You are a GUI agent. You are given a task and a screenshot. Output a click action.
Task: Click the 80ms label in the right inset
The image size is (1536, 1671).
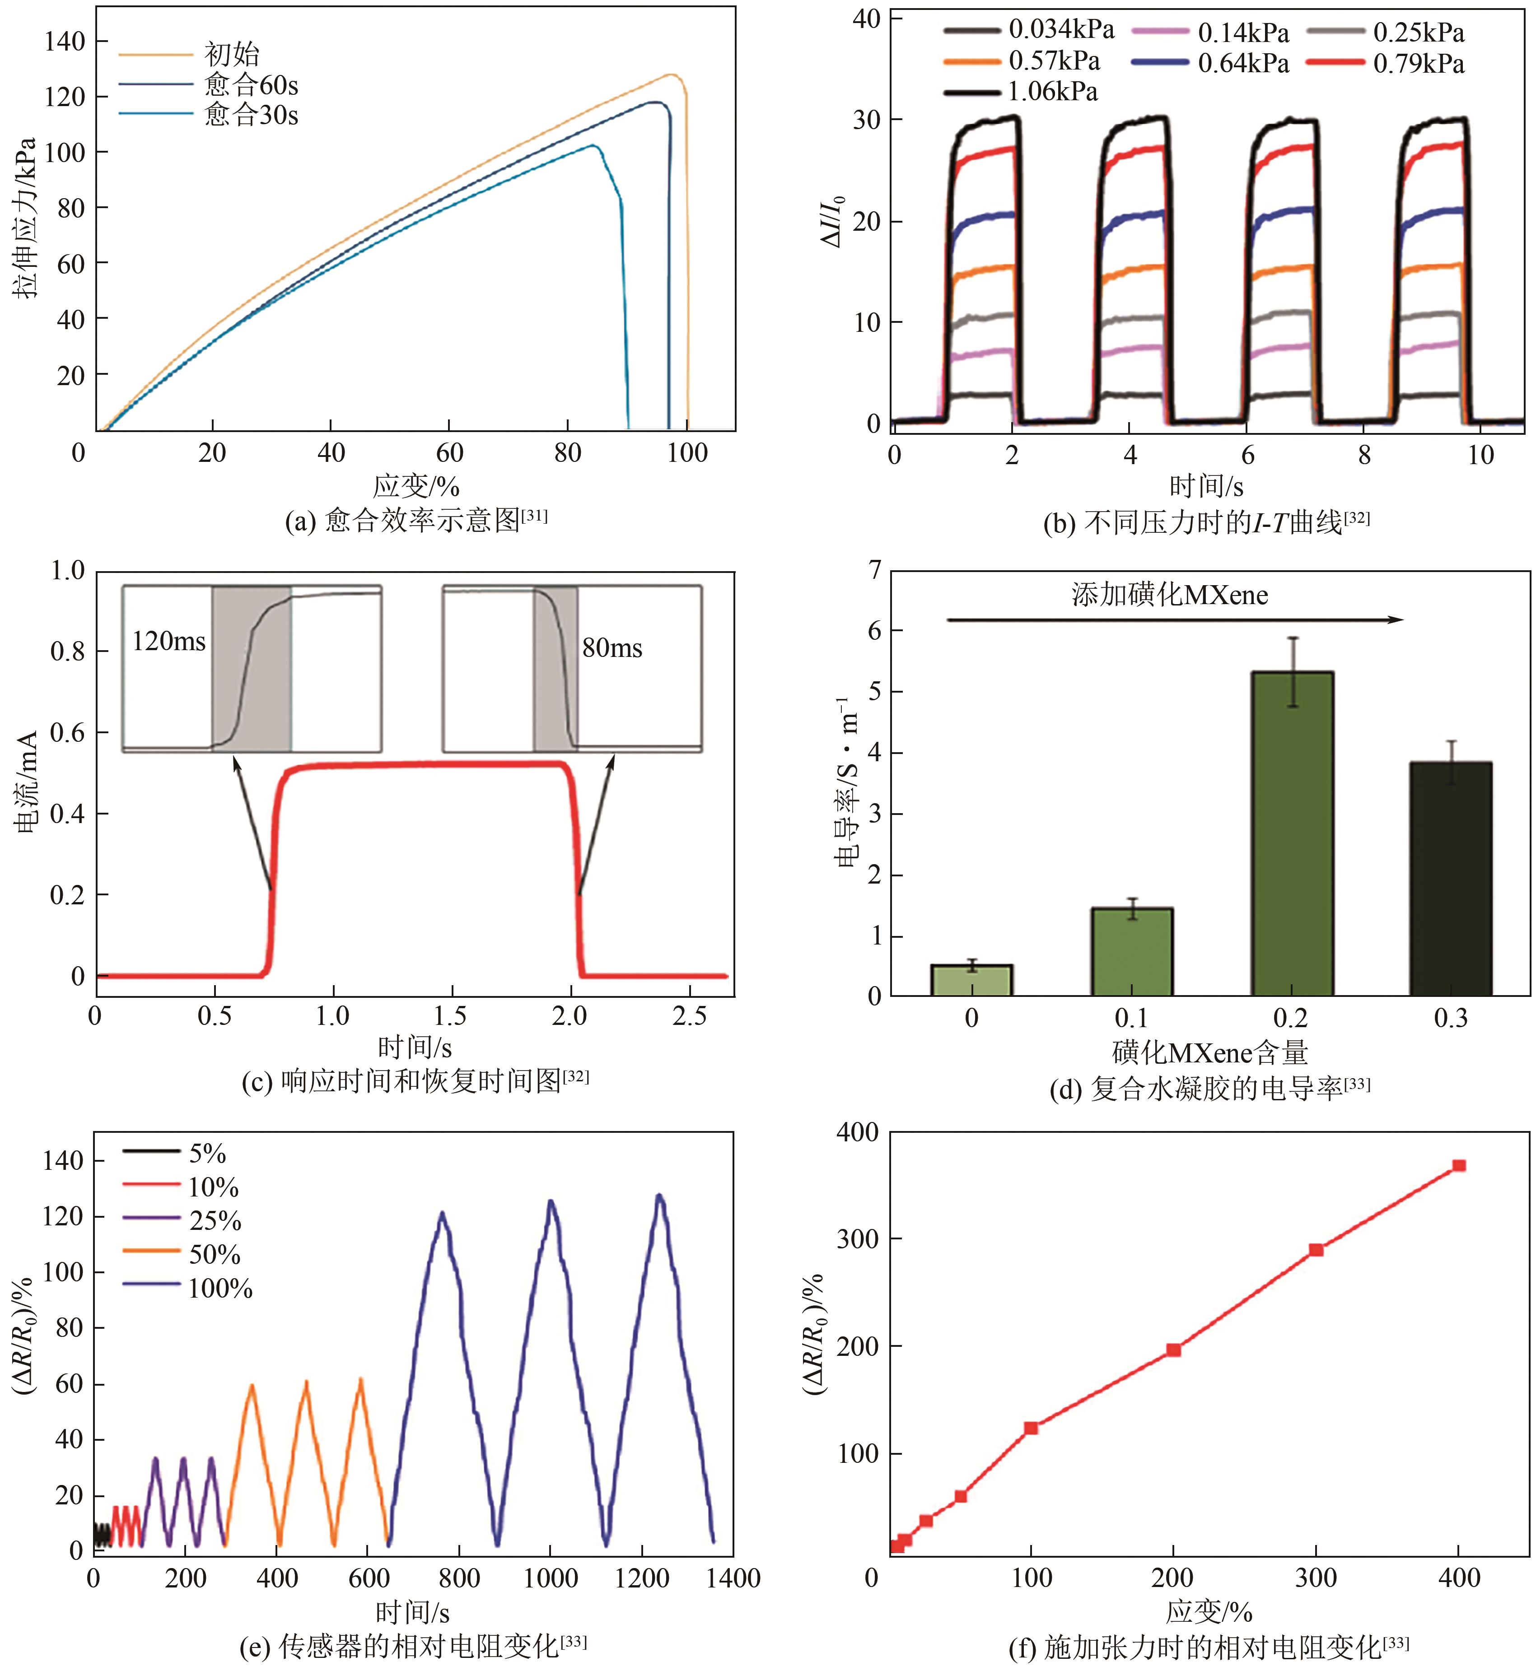(612, 648)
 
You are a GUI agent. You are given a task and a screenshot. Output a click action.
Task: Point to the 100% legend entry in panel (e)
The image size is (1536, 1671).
(220, 1289)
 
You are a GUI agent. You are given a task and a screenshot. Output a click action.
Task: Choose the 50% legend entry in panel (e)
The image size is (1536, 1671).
(215, 1255)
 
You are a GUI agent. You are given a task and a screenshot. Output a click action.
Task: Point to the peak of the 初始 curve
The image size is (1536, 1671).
(672, 75)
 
